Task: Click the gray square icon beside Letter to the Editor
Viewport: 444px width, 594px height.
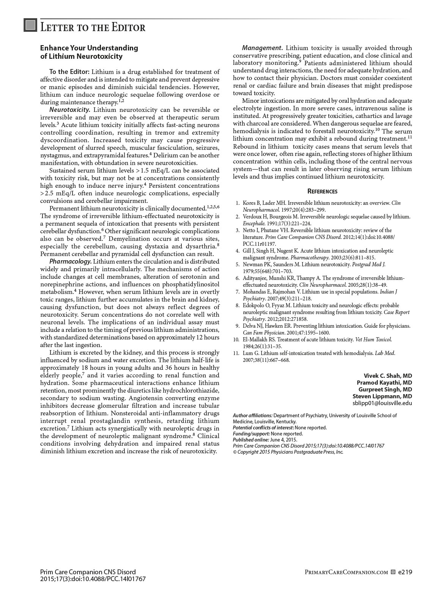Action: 30,25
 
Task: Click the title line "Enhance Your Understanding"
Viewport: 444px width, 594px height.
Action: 89,48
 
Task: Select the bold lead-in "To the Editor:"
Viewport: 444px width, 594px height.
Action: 69,72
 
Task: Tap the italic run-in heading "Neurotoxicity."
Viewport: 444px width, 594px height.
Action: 70,110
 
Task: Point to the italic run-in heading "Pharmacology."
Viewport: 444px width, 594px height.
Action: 71,262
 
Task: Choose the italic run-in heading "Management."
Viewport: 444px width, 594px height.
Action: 262,48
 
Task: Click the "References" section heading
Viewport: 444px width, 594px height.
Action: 322,192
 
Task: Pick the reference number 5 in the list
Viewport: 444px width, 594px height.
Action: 238,264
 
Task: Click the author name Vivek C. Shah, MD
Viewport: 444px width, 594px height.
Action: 388,376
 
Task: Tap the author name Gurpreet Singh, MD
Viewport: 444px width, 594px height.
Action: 385,390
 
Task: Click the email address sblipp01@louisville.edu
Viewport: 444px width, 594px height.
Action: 382,404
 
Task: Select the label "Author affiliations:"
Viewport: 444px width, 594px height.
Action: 252,416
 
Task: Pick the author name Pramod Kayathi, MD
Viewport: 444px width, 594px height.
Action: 384,383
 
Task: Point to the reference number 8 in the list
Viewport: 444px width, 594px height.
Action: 238,305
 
